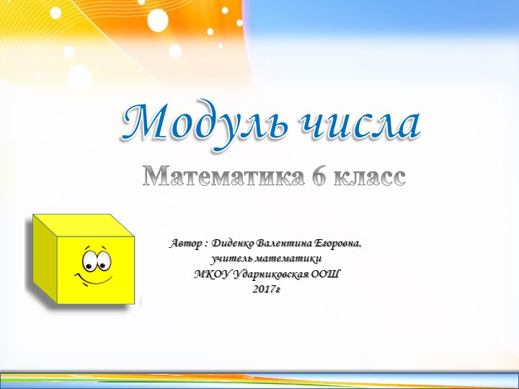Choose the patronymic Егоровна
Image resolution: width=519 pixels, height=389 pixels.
click(338, 243)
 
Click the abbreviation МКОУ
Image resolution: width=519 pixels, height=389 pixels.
click(210, 274)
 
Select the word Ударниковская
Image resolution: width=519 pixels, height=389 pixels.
click(267, 274)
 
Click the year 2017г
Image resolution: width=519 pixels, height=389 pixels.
click(267, 289)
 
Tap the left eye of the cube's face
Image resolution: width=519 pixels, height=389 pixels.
click(89, 258)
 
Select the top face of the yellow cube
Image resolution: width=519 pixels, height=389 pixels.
click(84, 225)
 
